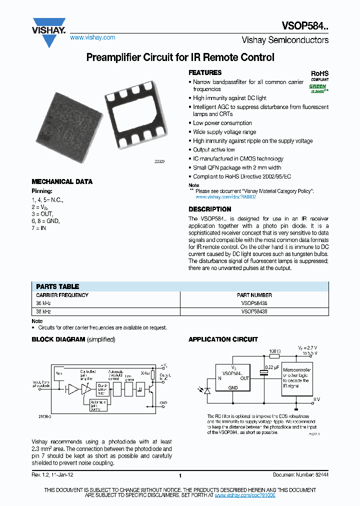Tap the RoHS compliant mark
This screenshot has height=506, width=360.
click(x=320, y=75)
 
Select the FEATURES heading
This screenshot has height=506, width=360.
click(x=205, y=72)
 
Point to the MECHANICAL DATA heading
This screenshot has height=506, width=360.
click(x=62, y=182)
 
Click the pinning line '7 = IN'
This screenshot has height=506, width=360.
click(x=40, y=227)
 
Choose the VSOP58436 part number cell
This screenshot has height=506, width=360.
click(x=254, y=303)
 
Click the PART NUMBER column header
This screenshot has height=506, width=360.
click(x=254, y=295)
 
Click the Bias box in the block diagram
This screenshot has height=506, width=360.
click(x=59, y=373)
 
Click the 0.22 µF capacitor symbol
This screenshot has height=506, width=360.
click(x=263, y=373)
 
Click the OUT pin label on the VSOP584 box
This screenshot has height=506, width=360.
click(x=244, y=378)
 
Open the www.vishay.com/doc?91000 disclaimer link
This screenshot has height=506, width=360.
click(x=245, y=494)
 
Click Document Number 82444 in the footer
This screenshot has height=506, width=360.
click(x=300, y=475)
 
